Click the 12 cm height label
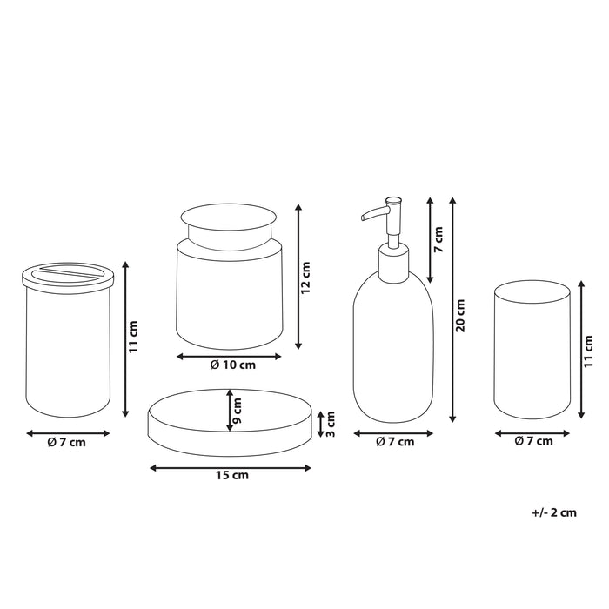pyautogui.click(x=306, y=275)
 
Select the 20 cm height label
pyautogui.click(x=461, y=314)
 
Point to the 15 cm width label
pyautogui.click(x=231, y=475)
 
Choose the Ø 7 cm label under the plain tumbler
pyautogui.click(x=533, y=441)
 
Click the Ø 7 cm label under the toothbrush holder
pyautogui.click(x=67, y=441)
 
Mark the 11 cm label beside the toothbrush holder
pyautogui.click(x=134, y=335)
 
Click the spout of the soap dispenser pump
pyautogui.click(x=370, y=211)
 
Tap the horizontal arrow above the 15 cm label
pyautogui.click(x=231, y=467)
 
